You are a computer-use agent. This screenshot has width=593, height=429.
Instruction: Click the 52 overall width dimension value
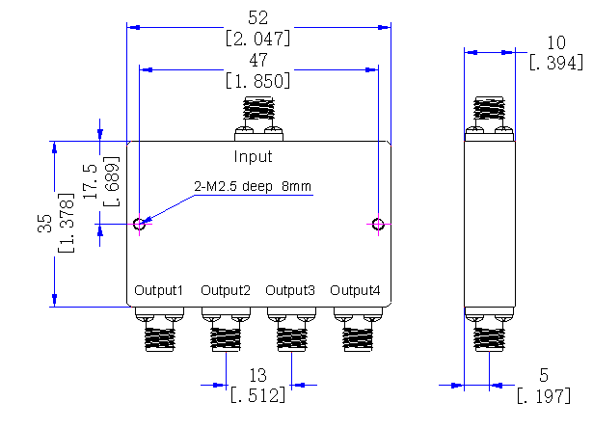click(257, 18)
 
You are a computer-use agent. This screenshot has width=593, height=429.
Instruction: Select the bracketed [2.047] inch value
click(257, 39)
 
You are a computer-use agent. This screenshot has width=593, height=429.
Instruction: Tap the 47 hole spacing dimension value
click(258, 61)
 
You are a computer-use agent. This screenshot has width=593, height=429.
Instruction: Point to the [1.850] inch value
click(257, 81)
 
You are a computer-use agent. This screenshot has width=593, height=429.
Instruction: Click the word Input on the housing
click(253, 156)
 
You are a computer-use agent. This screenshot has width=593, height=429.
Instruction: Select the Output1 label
click(158, 290)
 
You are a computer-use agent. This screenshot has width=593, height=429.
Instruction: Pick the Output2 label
click(226, 290)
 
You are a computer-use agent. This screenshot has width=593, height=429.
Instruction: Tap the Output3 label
click(290, 290)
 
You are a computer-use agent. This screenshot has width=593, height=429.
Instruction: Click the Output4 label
click(355, 290)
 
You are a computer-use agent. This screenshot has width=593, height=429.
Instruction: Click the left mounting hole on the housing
click(139, 224)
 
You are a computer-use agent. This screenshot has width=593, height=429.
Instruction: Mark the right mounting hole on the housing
click(378, 224)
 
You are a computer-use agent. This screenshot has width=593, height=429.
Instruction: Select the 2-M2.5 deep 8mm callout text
click(253, 186)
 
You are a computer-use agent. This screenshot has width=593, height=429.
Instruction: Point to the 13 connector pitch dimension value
click(257, 375)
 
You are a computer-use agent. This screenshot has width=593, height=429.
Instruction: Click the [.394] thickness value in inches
click(556, 63)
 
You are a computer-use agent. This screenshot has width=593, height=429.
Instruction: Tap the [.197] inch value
click(544, 396)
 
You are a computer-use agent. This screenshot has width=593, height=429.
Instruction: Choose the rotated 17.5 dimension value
click(91, 181)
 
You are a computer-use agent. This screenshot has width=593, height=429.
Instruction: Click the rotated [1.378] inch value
click(67, 223)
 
